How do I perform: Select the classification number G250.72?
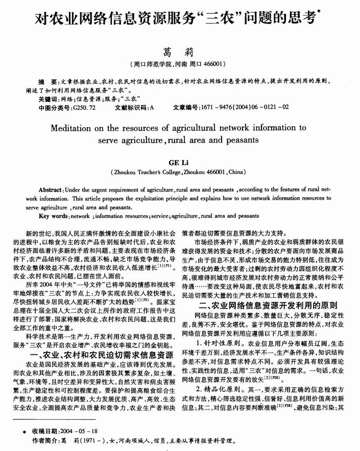point(84,108)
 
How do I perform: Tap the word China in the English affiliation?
point(235,173)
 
